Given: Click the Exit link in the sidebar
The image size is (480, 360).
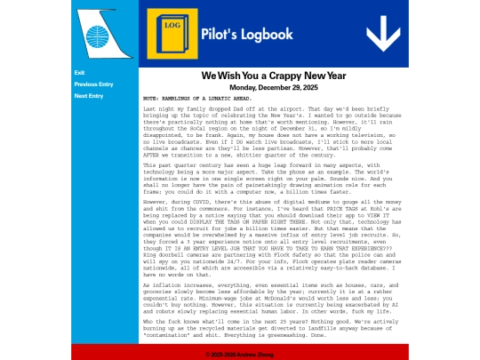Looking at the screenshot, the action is (x=80, y=73).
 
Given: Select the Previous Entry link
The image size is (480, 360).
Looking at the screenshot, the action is (x=93, y=84).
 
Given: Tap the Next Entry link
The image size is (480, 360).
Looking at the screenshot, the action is (x=89, y=96).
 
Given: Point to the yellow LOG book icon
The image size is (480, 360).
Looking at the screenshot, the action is (x=172, y=35).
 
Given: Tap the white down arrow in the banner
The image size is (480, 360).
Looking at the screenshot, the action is (x=383, y=34).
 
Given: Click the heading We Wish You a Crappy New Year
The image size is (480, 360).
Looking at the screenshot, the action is (x=273, y=76).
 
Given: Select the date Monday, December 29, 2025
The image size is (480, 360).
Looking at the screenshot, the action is (x=273, y=88).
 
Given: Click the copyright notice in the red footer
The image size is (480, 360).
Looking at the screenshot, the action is (x=240, y=354).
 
